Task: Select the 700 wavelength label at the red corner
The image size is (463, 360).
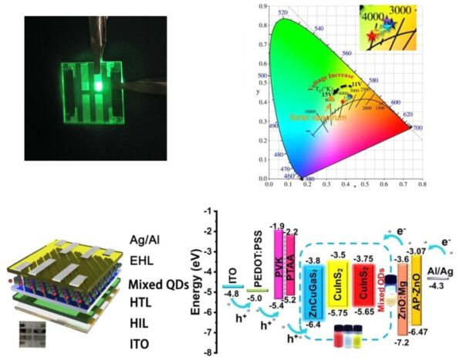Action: pos(417,127)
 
